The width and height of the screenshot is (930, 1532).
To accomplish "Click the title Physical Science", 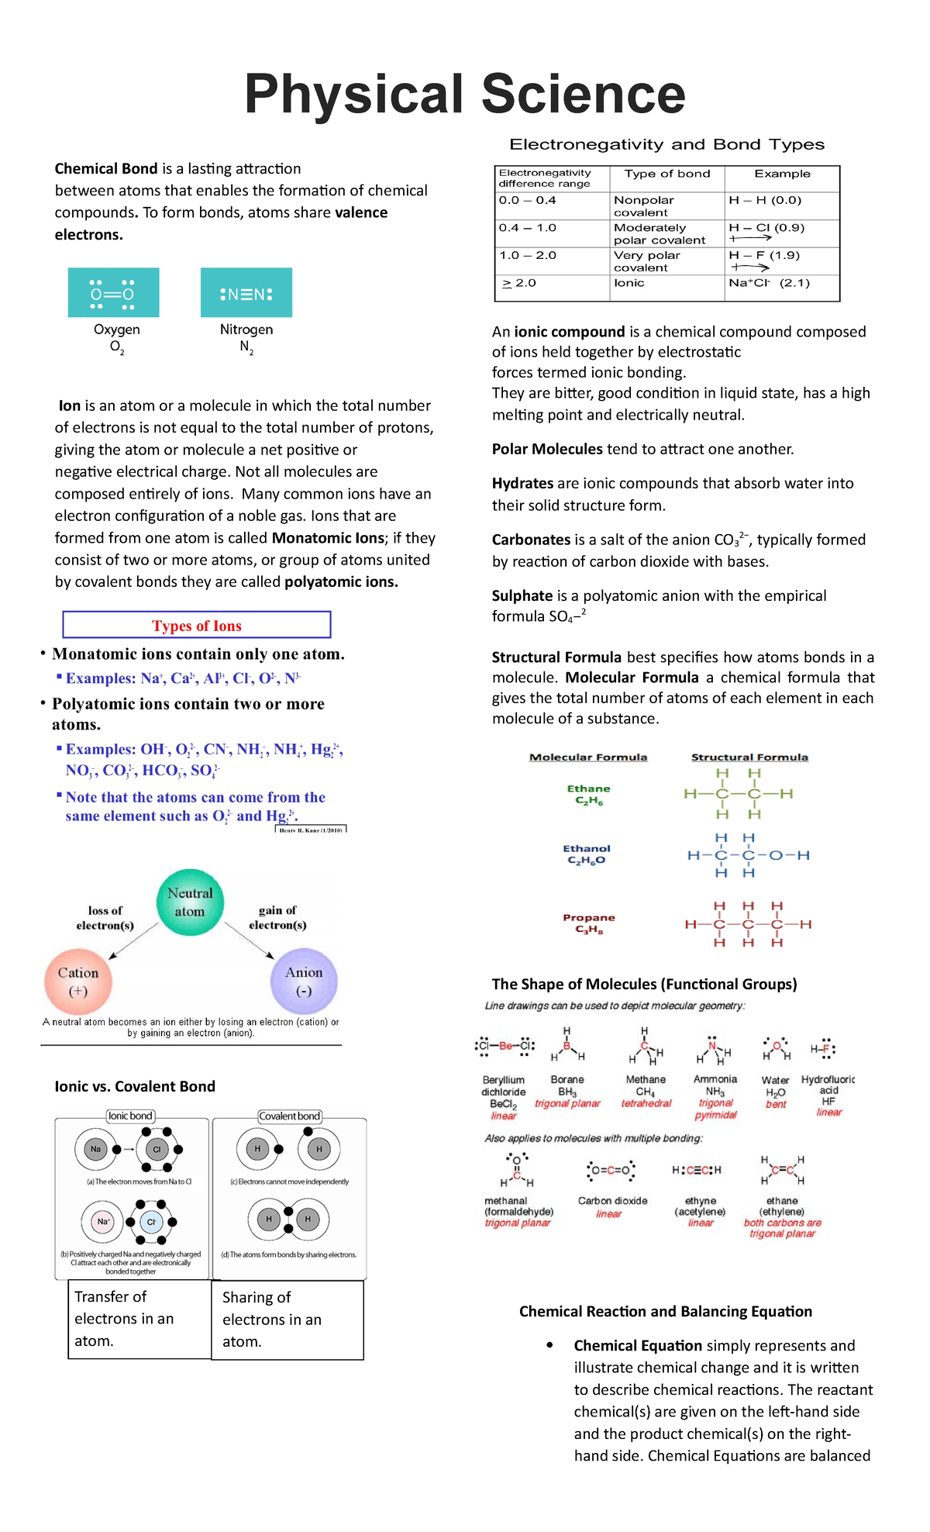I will click(x=465, y=95).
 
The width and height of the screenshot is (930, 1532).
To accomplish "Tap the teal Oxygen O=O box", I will click(x=113, y=293).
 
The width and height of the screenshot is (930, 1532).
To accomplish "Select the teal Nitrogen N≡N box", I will click(x=246, y=293).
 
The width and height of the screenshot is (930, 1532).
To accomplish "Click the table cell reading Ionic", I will click(x=629, y=284).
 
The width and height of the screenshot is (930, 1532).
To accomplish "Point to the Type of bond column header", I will click(x=667, y=174).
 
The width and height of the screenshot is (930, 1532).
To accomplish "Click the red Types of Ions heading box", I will click(x=197, y=626).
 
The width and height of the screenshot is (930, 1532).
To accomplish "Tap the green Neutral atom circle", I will click(x=190, y=902).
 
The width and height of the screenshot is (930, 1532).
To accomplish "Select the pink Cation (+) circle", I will click(x=78, y=982).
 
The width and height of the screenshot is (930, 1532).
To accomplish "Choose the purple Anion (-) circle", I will click(x=304, y=982).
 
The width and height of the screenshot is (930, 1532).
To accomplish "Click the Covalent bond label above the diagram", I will click(x=289, y=1116).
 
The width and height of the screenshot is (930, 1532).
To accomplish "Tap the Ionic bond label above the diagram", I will click(x=130, y=1116).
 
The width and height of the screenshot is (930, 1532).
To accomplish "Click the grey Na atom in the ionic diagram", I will click(x=95, y=1149).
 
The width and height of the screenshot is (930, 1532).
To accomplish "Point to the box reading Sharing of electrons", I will click(x=288, y=1320).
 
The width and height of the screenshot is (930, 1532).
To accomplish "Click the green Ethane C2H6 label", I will click(x=588, y=795).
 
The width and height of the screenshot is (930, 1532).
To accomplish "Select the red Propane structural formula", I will click(x=748, y=924).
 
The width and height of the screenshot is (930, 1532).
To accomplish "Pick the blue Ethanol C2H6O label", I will click(x=587, y=854).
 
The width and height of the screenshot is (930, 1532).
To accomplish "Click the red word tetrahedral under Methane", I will click(x=646, y=1103).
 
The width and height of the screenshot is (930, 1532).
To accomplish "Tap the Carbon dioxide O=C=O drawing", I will click(x=611, y=1170).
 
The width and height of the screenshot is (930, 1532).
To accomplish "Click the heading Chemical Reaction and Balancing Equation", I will click(x=666, y=1311).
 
